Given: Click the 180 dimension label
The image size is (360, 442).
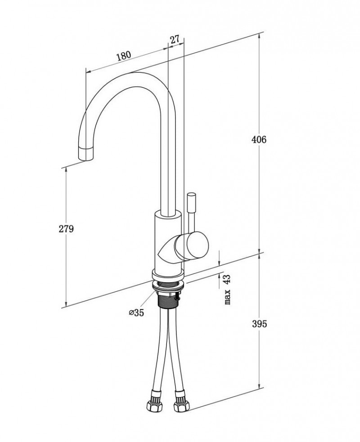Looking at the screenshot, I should tap(123, 56).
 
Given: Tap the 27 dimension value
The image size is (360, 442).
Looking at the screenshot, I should tap(175, 39).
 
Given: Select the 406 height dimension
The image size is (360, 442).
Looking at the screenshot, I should tap(259, 139).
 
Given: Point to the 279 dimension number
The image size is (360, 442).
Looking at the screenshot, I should tap(66, 229).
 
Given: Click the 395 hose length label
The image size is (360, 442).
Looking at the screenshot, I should tap(259, 324).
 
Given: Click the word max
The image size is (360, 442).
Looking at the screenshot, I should tap(228, 297).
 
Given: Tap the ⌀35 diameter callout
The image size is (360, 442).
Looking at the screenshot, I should tap(136, 313).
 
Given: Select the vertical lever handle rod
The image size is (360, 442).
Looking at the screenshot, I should tap(191, 211).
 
